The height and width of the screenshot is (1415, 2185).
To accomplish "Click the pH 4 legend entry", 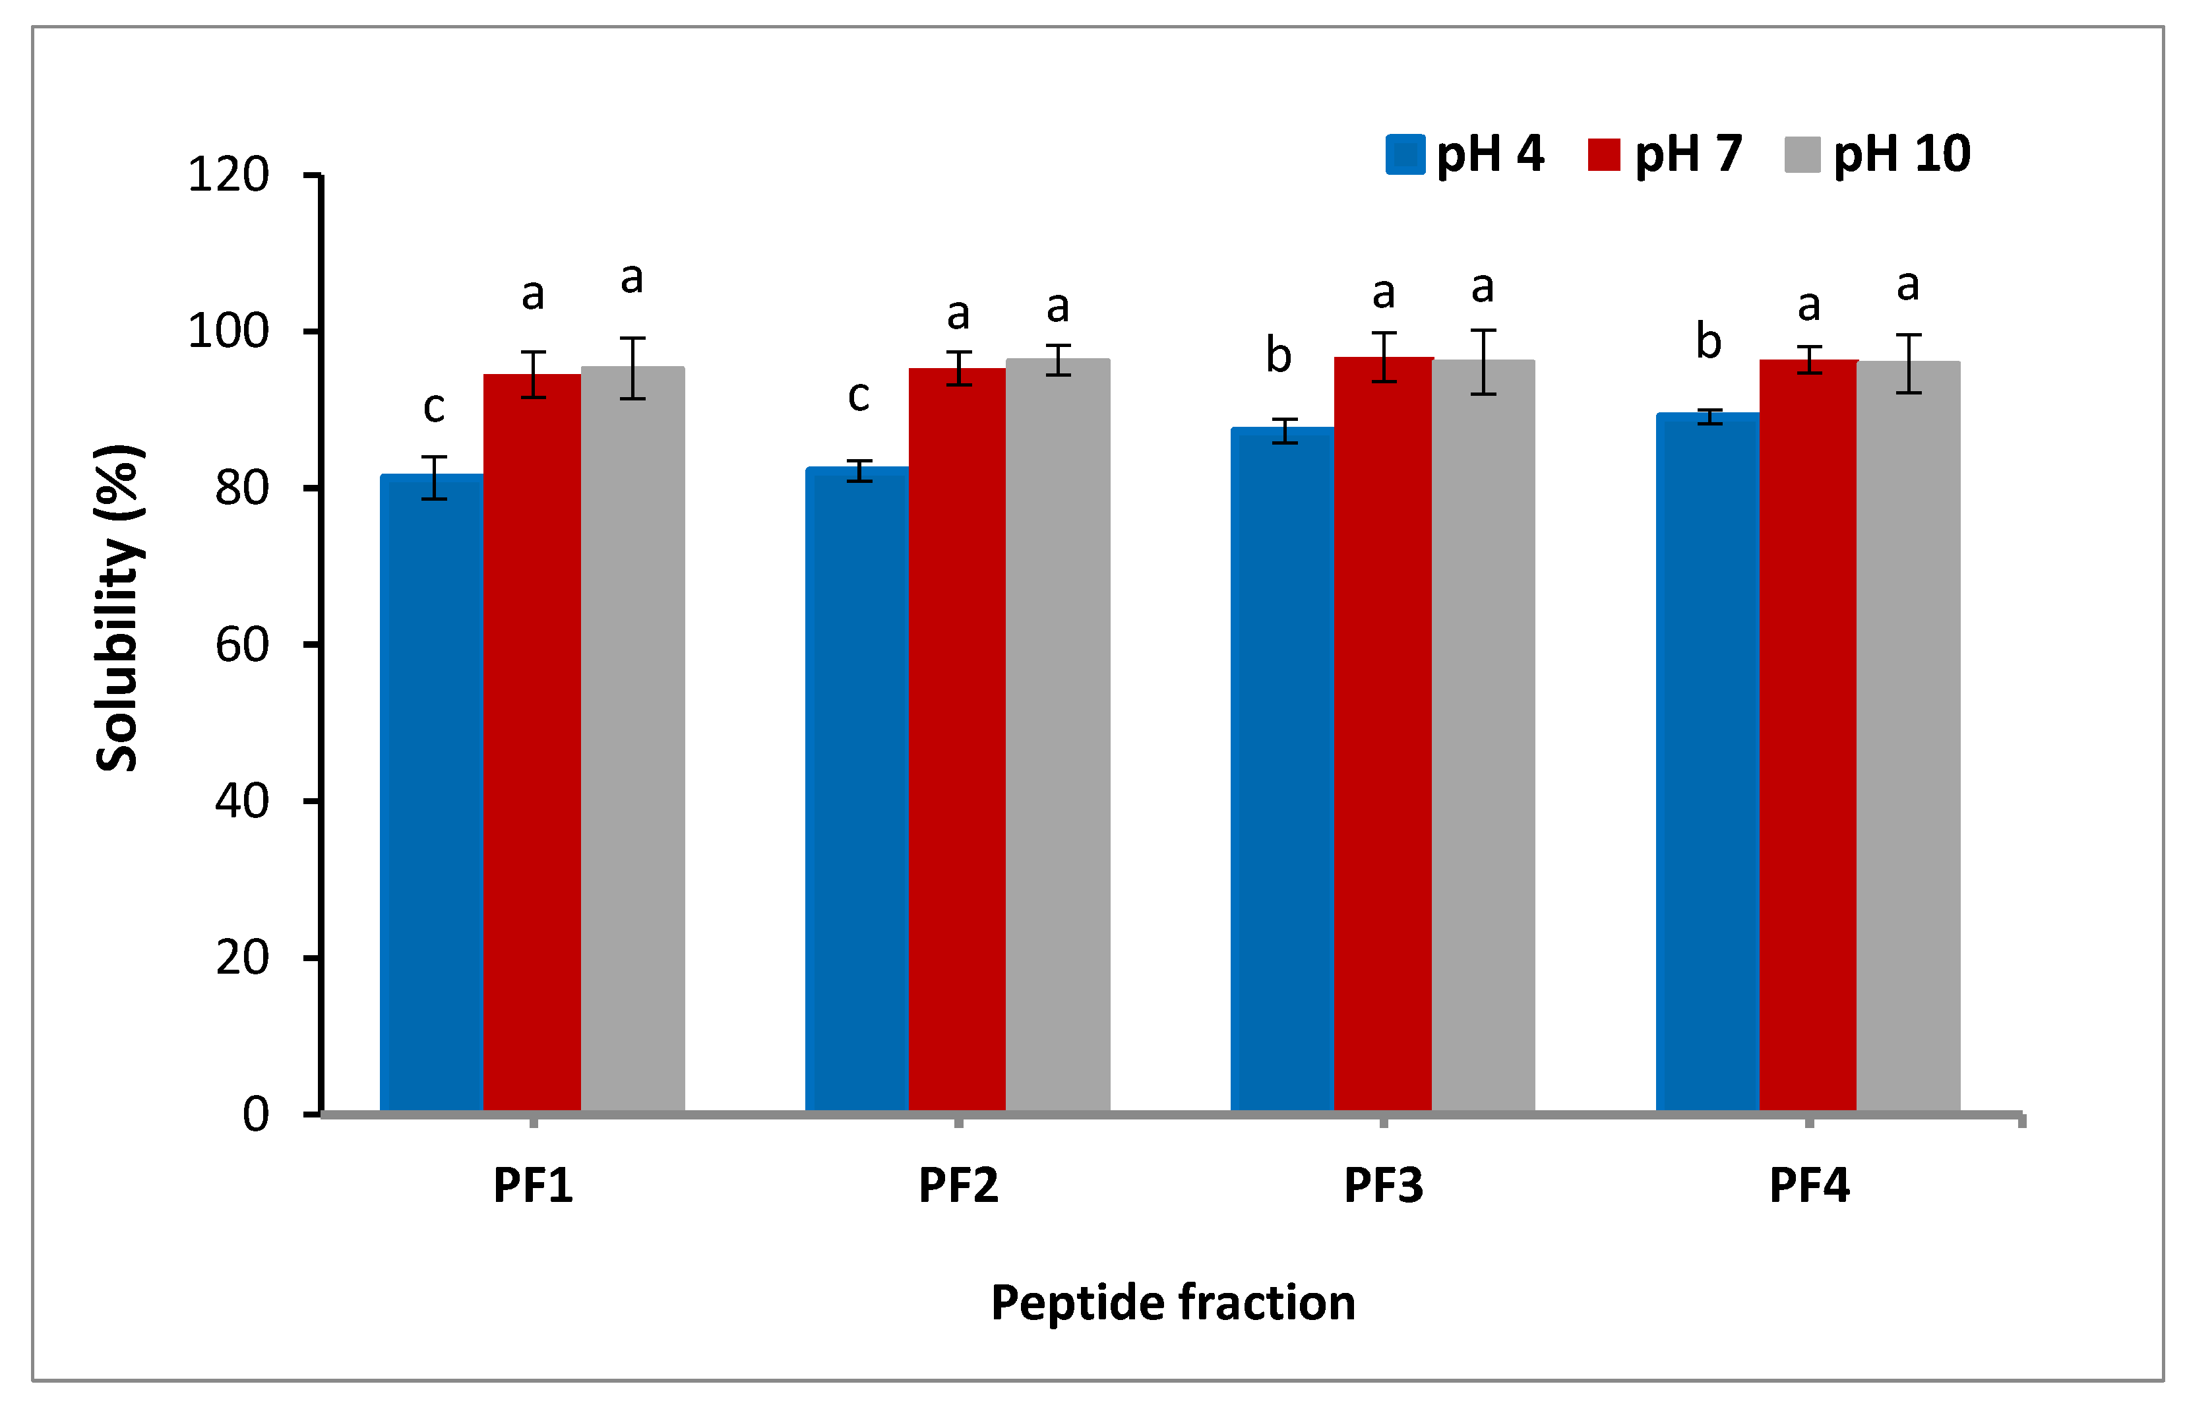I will coord(1465,153).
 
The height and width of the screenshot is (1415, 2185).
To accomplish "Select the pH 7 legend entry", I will coord(1665,153).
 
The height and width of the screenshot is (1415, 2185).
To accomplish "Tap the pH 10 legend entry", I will coord(1878,153).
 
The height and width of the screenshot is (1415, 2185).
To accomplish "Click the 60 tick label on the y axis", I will coord(242,645).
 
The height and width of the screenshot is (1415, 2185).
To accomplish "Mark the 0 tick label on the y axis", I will coord(256,1114).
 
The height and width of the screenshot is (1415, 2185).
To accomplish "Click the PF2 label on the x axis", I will coord(958,1185).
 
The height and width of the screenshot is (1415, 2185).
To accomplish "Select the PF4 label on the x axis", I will coord(1808,1185).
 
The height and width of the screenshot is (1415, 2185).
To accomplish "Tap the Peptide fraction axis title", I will coord(1173,1302).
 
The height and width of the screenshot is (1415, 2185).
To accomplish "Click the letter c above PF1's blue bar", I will coord(434,407).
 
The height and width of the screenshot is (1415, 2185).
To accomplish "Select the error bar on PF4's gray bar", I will coord(1909,363).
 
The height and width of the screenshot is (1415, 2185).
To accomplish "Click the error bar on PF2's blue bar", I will coord(859,470).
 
